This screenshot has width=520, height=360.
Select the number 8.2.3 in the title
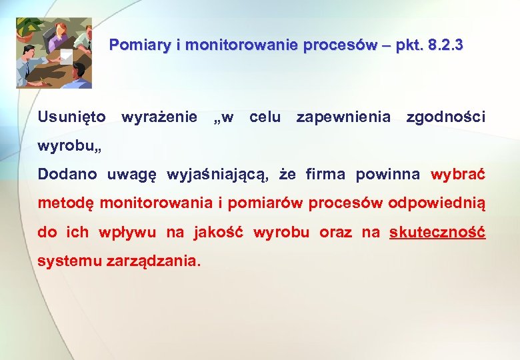[446, 46]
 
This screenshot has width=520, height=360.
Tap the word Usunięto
[72, 117]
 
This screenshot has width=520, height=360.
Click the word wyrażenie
[159, 117]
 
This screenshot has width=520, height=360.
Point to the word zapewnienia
[343, 117]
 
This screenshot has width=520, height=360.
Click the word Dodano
[67, 175]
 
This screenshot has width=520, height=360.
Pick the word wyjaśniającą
[217, 175]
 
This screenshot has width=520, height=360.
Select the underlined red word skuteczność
[437, 232]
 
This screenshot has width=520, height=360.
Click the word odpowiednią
[437, 203]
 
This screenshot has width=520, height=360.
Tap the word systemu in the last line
[69, 261]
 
